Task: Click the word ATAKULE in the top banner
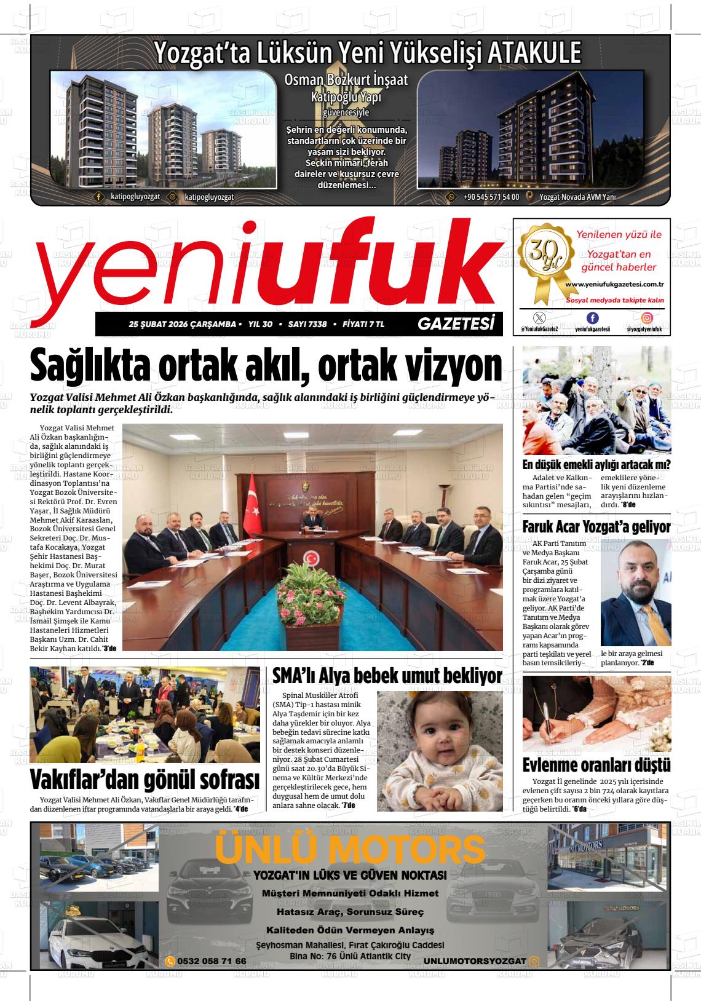[x=533, y=53]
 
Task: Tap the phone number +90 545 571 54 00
[x=491, y=197]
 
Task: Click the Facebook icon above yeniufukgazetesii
[x=592, y=318]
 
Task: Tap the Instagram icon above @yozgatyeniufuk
[x=648, y=318]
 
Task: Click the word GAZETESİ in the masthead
[x=456, y=324]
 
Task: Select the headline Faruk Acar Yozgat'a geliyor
[x=596, y=527]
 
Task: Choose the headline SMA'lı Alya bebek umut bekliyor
[x=387, y=676]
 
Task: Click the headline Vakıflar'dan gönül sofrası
[x=145, y=779]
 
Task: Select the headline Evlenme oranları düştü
[x=596, y=766]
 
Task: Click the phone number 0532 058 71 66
[x=211, y=961]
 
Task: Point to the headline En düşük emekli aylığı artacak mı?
[x=596, y=464]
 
